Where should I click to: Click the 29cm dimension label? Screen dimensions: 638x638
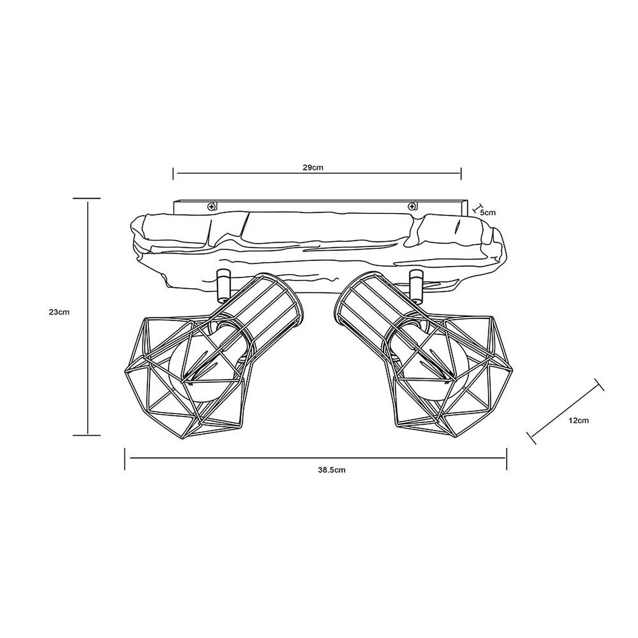point(313,167)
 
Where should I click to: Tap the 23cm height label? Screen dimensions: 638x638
point(59,312)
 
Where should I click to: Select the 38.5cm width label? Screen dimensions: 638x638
point(332,470)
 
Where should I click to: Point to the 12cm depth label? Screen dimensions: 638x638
point(579,421)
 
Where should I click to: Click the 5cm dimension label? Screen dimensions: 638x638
point(488,213)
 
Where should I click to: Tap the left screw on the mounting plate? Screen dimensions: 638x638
point(211,207)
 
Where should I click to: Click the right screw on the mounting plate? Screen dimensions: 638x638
point(412,207)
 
